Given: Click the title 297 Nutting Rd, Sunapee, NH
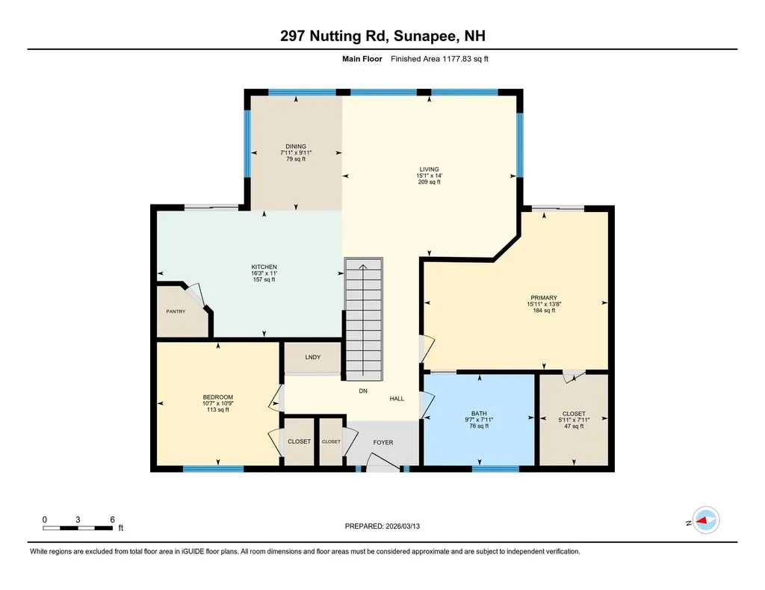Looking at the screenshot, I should point(382,36).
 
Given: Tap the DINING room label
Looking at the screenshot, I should point(296,146).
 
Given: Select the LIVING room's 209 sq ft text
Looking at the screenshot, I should point(428,181).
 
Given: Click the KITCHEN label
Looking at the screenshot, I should point(264,267).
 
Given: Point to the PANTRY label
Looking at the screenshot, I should point(176,311).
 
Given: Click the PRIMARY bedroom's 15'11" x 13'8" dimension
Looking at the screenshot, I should point(544,304).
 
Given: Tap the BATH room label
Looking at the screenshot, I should point(479,413).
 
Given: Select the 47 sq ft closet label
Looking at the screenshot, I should point(574,426).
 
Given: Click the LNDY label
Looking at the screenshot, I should point(312,357).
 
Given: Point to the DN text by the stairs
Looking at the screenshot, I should point(363,391).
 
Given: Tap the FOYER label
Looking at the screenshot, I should point(383,442).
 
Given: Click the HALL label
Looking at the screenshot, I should point(397,399).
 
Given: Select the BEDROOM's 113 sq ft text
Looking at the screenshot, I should point(218,409).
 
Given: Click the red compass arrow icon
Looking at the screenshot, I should point(704,521).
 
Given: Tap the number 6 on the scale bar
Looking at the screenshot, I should point(111,519).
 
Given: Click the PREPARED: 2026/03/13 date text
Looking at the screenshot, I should point(387,526).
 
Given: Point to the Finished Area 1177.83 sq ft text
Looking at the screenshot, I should point(439,58).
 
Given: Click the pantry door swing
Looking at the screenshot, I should point(196,294).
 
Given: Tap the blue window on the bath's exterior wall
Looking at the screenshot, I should point(495,469).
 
